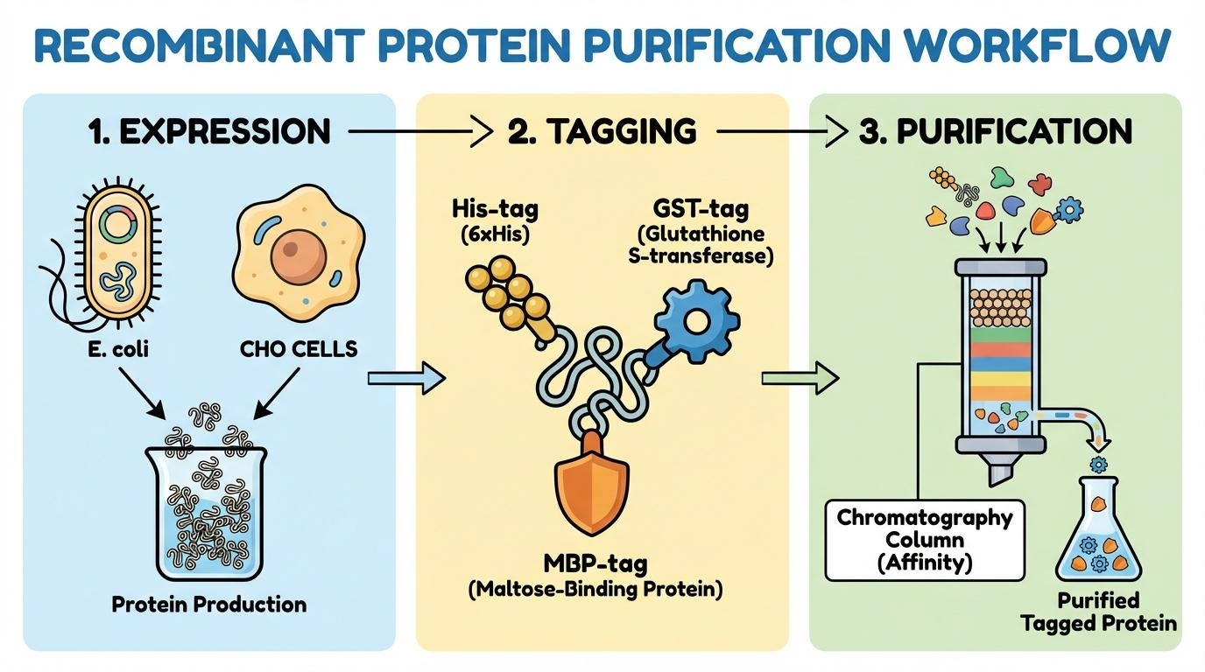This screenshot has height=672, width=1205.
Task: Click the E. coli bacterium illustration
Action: pyautogui.click(x=122, y=253)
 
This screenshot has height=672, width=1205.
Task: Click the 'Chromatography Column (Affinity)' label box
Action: pyautogui.click(x=924, y=540)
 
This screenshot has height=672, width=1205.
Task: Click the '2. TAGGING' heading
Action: pyautogui.click(x=602, y=132)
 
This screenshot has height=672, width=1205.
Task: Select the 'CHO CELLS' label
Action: pyautogui.click(x=298, y=349)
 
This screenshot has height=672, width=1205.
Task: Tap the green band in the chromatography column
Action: pyautogui.click(x=1004, y=332)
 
